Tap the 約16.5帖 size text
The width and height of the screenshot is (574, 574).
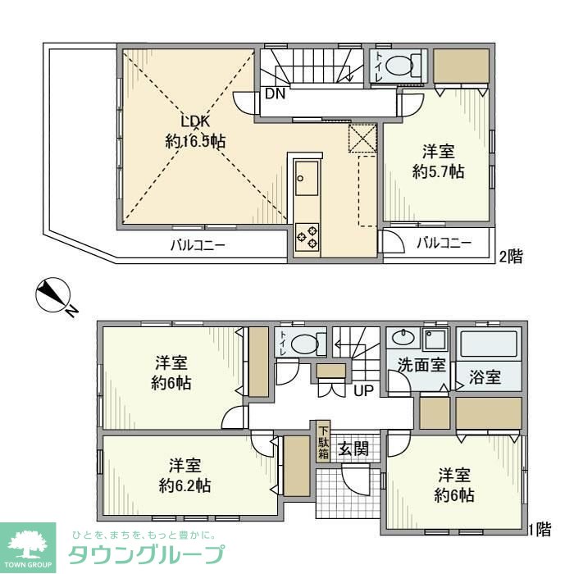point(195,141)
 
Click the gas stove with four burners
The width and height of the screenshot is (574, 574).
point(307,236)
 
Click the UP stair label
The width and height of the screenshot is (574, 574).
point(362,390)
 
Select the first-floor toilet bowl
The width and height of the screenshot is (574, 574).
point(306,344)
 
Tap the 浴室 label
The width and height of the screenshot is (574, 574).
point(485,378)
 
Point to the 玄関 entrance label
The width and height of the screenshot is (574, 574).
point(353,449)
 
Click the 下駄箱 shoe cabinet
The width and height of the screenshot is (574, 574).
point(324,444)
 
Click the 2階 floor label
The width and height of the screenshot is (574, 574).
point(510,257)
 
